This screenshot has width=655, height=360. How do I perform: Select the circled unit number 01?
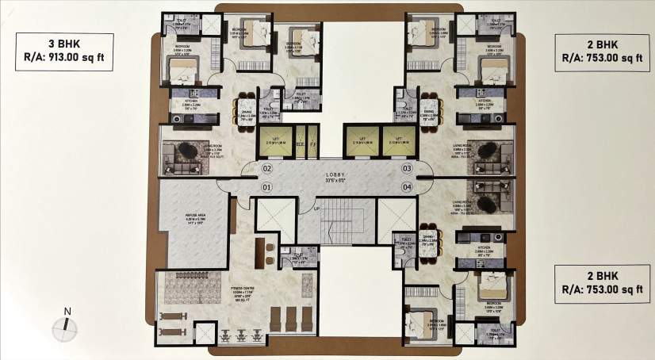[x=266, y=187]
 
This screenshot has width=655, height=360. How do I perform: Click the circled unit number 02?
[x=266, y=168]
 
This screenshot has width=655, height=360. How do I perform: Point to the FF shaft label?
[x=312, y=144]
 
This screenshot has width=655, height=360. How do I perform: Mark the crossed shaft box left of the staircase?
[x=275, y=215]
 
